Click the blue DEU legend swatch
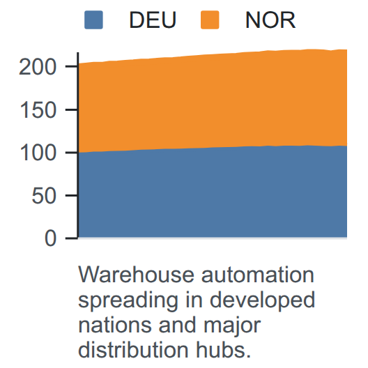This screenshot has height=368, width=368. click(x=93, y=20)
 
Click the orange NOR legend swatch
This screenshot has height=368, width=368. click(x=210, y=20)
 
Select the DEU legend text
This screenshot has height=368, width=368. click(x=153, y=20)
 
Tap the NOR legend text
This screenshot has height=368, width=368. click(x=270, y=20)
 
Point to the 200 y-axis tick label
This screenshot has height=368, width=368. click(x=38, y=67)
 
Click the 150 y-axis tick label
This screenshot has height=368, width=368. click(x=38, y=110)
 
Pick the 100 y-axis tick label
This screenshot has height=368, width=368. click(x=38, y=153)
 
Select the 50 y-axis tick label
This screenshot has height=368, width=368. click(x=44, y=196)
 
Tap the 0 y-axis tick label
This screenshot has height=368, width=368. click(x=50, y=238)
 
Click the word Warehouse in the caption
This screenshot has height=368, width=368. click(x=136, y=275)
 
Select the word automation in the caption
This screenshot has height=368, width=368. click(x=258, y=275)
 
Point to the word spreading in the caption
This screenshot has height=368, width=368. click(x=128, y=301)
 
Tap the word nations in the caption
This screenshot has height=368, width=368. click(x=115, y=325)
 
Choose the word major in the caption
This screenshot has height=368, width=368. click(x=232, y=327)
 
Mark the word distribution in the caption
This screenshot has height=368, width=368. click(x=133, y=350)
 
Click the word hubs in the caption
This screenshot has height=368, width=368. click(x=220, y=350)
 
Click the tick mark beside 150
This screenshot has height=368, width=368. click(x=72, y=109)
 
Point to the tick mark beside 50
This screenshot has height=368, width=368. click(x=72, y=195)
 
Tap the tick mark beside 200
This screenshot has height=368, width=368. click(x=72, y=67)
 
